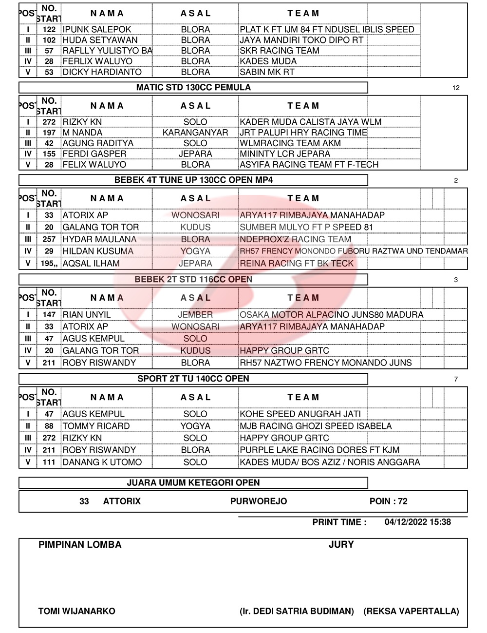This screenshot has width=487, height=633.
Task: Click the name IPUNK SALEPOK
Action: [97, 29]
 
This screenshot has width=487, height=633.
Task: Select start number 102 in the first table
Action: [49, 40]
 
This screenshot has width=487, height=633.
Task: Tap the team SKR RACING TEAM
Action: [280, 51]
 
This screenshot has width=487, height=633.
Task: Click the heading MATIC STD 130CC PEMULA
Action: [193, 88]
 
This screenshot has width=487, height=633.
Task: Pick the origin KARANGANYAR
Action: [195, 133]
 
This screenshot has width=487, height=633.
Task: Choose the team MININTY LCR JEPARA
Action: [285, 154]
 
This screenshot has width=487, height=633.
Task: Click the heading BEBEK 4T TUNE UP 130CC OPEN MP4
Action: [193, 180]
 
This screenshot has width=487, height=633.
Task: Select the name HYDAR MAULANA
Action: [99, 239]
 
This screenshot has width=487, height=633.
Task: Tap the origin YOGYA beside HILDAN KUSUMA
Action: [195, 251]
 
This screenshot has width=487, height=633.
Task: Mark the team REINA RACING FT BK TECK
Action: [297, 264]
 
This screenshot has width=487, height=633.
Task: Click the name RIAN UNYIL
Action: [87, 315]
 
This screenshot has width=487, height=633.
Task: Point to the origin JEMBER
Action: [195, 315]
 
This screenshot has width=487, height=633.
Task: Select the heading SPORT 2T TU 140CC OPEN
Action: [193, 379]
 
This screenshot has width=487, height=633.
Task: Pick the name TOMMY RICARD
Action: [96, 426]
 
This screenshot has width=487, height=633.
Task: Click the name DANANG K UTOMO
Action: [102, 462]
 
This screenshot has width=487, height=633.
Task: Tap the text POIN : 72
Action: [388, 501]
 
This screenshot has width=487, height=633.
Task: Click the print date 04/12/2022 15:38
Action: [417, 522]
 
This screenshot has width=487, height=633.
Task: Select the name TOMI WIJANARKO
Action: [77, 611]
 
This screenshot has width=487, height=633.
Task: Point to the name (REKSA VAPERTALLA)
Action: [411, 611]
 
